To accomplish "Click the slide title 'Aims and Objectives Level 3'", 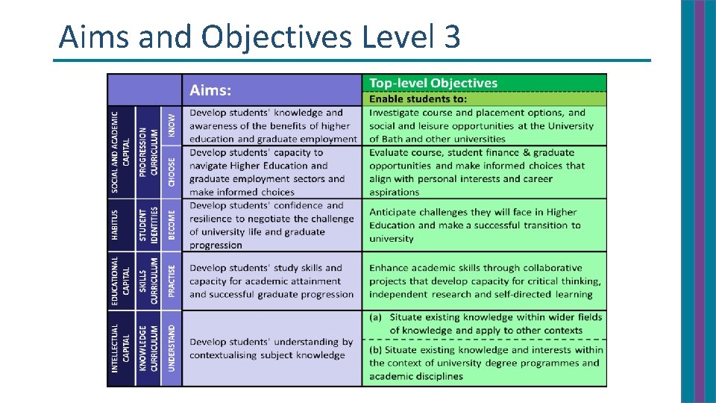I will (x=260, y=36).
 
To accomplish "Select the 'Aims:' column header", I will (x=210, y=90).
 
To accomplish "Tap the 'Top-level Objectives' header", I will (x=433, y=83).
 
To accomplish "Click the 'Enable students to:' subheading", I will (x=418, y=99).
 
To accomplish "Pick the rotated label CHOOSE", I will (x=172, y=172).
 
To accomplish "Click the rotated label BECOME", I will (x=172, y=224).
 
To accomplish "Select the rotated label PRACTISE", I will (x=172, y=281).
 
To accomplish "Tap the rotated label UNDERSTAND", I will (x=172, y=348).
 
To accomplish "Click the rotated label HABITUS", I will (x=115, y=224).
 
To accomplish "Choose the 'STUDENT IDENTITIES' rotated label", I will (x=148, y=224).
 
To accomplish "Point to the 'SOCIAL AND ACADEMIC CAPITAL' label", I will (x=120, y=152).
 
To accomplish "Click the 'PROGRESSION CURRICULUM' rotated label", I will (x=148, y=152).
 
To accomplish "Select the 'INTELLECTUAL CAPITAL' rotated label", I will (x=120, y=348).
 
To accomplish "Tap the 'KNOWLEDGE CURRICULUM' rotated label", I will (x=148, y=348).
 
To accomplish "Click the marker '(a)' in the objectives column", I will (x=377, y=317).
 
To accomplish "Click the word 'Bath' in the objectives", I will (x=396, y=139).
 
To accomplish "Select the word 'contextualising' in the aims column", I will (x=228, y=355).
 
